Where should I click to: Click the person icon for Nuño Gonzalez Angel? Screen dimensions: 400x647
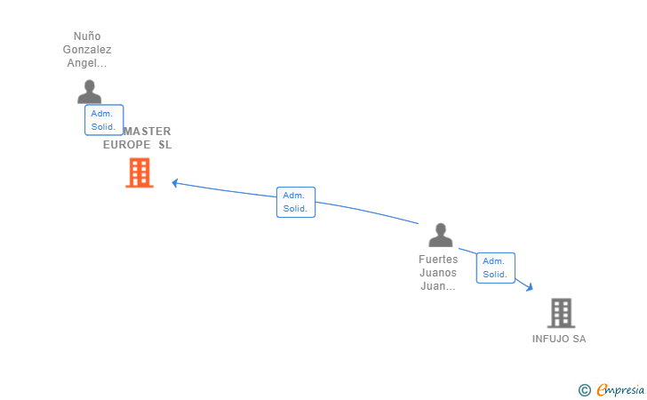tap(89, 92)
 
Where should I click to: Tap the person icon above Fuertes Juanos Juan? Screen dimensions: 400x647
tap(440, 236)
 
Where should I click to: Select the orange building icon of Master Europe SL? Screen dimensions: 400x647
tap(139, 173)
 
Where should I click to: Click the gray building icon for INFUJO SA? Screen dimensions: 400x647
tap(561, 313)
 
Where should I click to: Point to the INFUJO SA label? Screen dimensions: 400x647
tap(559, 339)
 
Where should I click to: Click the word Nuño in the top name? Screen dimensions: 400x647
tap(87, 36)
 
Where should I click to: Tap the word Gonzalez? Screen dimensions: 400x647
tap(87, 50)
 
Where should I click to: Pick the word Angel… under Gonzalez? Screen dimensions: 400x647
tap(87, 63)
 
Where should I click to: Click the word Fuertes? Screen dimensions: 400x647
tap(438, 260)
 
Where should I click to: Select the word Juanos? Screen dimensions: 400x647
tap(438, 273)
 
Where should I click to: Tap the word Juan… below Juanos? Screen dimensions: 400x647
tap(438, 286)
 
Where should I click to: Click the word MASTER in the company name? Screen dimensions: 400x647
tap(148, 132)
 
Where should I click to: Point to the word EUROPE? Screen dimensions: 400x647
tap(127, 145)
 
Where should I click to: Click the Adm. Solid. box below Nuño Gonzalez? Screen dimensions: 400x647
tap(104, 120)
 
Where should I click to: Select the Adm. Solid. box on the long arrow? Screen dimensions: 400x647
tap(295, 202)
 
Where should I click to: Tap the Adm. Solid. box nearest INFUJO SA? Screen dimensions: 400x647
tap(495, 268)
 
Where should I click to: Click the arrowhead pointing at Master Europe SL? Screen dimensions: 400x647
tap(175, 183)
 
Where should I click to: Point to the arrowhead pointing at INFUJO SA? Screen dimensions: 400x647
tap(529, 287)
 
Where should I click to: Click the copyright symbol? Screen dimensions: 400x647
tap(584, 389)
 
